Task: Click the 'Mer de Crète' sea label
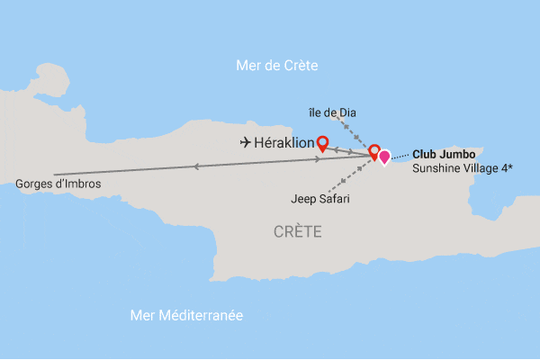click(x=277, y=65)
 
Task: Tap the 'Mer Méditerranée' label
click(x=186, y=316)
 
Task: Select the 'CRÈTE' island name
click(x=298, y=232)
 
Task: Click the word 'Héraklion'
click(x=285, y=143)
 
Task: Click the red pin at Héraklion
click(x=322, y=140)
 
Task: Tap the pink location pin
click(x=384, y=157)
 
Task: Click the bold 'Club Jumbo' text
click(x=444, y=154)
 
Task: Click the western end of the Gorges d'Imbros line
click(x=54, y=174)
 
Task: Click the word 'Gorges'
click(x=35, y=184)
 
